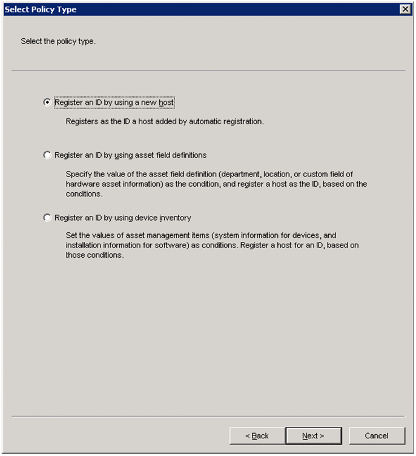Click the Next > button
click(x=313, y=435)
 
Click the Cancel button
click(x=377, y=435)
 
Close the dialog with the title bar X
click(x=405, y=9)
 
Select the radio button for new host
click(x=47, y=102)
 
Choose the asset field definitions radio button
click(x=47, y=155)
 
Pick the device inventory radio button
click(x=47, y=217)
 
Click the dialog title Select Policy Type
click(x=41, y=9)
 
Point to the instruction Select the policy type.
click(x=58, y=41)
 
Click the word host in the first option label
click(x=167, y=102)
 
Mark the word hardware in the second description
click(x=82, y=184)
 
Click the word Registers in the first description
click(x=82, y=121)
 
